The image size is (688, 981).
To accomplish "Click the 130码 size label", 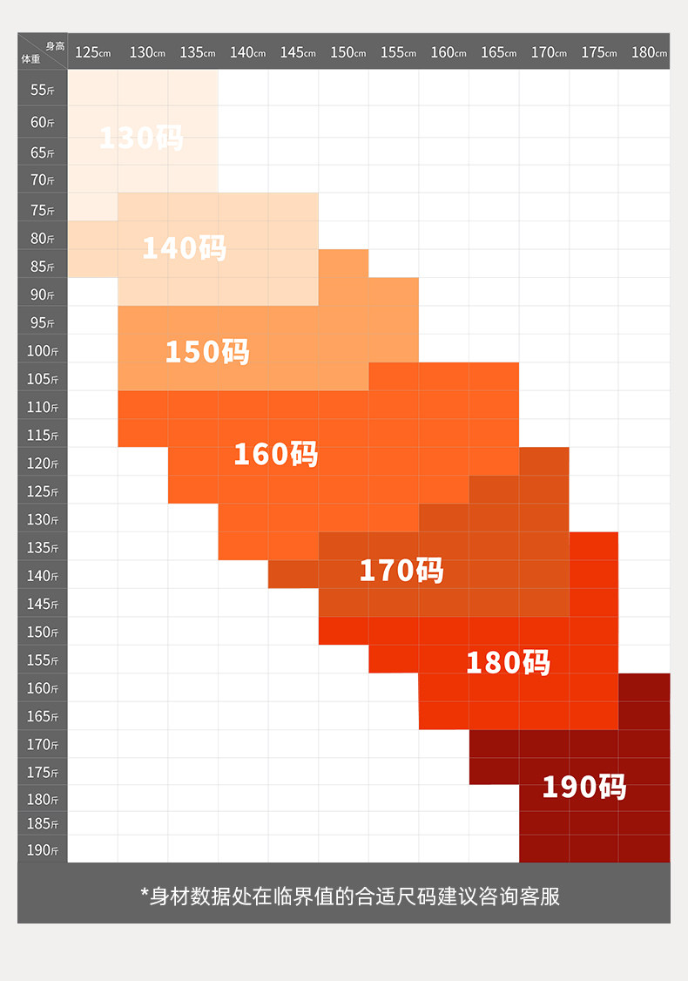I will [141, 138].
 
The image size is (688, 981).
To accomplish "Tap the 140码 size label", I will [184, 247].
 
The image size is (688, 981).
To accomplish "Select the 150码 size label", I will [207, 351].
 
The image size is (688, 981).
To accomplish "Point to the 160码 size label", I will [275, 453].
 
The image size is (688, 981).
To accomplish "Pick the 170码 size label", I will [401, 570].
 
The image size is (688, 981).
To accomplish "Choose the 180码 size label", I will [508, 662].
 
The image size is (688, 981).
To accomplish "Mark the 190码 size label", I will [583, 787].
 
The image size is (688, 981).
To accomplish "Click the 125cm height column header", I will [92, 52].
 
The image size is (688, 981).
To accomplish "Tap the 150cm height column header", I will [347, 52].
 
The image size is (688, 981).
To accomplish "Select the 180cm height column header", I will [649, 52].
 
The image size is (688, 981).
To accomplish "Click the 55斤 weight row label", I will [43, 90].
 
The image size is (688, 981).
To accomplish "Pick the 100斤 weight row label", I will [43, 351].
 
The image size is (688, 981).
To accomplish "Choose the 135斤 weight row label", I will [43, 548].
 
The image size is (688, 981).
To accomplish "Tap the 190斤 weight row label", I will [43, 849].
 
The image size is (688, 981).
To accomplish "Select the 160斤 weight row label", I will [43, 688].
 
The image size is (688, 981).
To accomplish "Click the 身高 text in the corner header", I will [55, 45].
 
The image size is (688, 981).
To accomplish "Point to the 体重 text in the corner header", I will [30, 59].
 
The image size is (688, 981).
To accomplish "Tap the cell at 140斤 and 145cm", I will [293, 575].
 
